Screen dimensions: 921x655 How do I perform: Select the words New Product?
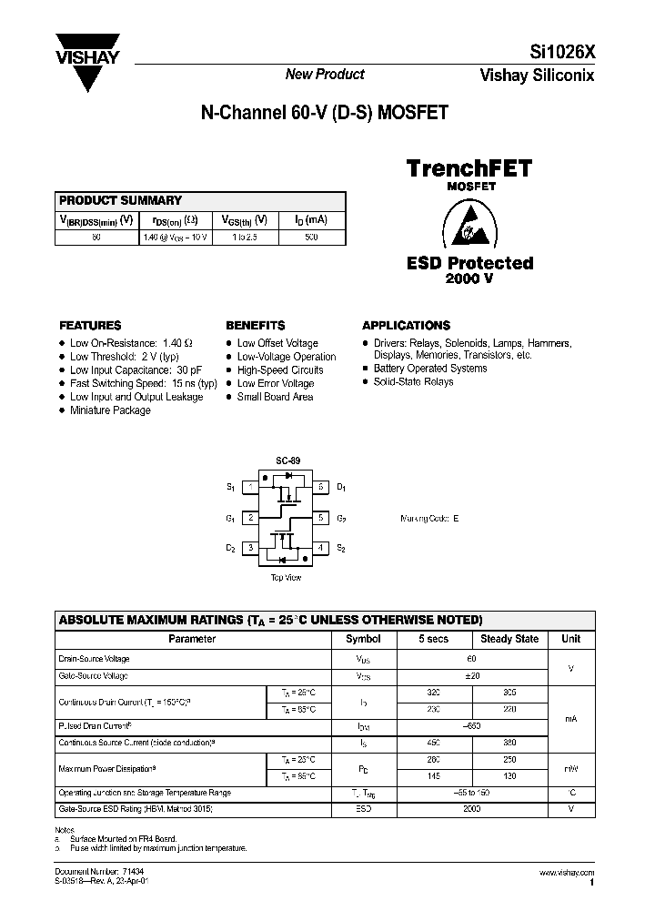[325, 75]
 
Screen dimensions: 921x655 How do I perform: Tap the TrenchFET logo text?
[468, 167]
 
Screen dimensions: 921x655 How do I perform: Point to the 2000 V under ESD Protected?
[469, 278]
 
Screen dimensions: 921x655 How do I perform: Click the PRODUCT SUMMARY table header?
[121, 200]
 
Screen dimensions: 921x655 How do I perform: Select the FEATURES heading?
[90, 325]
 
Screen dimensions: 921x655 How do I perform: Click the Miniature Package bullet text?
[110, 410]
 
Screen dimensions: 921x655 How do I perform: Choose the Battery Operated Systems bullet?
[430, 369]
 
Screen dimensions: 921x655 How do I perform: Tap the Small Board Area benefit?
[275, 397]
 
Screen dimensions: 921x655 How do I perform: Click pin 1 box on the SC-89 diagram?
[248, 488]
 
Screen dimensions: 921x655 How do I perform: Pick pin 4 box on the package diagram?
[320, 548]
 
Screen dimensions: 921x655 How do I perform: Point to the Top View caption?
[286, 578]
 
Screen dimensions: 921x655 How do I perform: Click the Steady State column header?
[509, 639]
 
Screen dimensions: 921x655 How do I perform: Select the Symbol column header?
[364, 639]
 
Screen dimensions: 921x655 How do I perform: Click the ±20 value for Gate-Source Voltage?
[471, 676]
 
